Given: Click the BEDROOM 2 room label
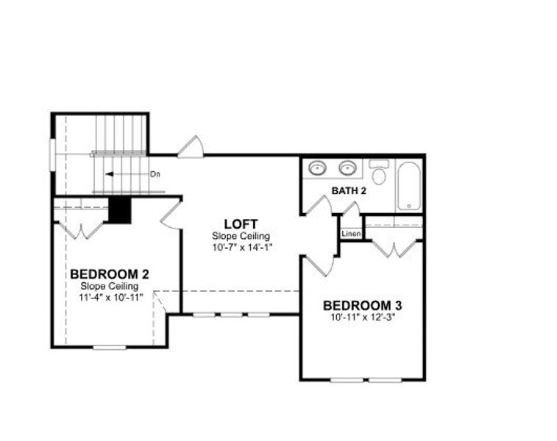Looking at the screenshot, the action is click(110, 274).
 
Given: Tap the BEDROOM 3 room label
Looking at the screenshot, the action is click(362, 306).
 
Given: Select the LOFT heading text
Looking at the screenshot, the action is click(241, 224).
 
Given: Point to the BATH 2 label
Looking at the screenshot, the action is click(349, 191).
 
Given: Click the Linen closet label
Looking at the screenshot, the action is click(351, 234).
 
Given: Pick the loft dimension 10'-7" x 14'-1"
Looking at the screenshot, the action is click(241, 247).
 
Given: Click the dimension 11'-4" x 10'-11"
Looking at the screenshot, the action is click(110, 298).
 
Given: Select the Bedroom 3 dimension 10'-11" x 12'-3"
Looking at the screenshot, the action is click(363, 318).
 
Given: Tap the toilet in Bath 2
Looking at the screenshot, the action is click(379, 172).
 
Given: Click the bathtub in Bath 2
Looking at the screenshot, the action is click(409, 186).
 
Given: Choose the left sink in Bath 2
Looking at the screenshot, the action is click(317, 168).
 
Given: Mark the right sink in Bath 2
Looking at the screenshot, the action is click(347, 168).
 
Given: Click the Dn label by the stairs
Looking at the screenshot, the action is click(155, 174).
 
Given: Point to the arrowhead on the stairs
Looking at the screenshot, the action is click(109, 174).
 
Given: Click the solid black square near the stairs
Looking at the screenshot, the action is click(120, 210).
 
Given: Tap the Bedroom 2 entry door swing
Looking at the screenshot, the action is click(171, 215).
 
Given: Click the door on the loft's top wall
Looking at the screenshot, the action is click(191, 147).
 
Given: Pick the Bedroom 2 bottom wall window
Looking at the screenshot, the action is click(110, 348).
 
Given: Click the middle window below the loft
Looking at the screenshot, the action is click(231, 315).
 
